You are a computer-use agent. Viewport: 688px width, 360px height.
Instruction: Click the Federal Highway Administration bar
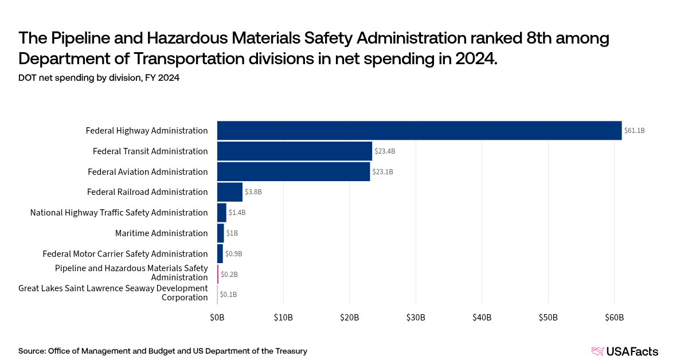419,131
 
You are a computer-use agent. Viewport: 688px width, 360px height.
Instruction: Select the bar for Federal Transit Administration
294,151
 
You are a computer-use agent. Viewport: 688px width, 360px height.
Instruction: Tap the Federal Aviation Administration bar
293,172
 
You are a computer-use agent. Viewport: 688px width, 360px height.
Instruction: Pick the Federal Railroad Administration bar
229,192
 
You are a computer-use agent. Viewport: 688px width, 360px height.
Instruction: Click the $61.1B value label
635,131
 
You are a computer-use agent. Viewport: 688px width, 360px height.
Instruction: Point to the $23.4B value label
385,151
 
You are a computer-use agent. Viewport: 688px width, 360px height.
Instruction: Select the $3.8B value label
253,192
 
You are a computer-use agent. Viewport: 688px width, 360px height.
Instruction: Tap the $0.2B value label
229,275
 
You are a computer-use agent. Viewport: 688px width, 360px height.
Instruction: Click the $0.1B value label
228,295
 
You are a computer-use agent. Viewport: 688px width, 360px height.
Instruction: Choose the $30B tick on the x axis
416,318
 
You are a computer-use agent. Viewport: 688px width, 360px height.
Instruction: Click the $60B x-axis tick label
614,318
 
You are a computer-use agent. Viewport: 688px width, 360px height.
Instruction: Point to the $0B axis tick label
217,318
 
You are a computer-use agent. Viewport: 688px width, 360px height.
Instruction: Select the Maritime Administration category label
161,233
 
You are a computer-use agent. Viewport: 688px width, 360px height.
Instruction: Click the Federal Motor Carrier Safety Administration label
125,254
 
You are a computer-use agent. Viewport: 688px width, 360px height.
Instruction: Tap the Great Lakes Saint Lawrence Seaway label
113,293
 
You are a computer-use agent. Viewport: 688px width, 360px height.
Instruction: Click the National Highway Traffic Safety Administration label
119,213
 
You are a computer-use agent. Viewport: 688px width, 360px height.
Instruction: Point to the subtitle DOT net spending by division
99,79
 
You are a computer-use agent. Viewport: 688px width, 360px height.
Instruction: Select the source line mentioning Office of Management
163,351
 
